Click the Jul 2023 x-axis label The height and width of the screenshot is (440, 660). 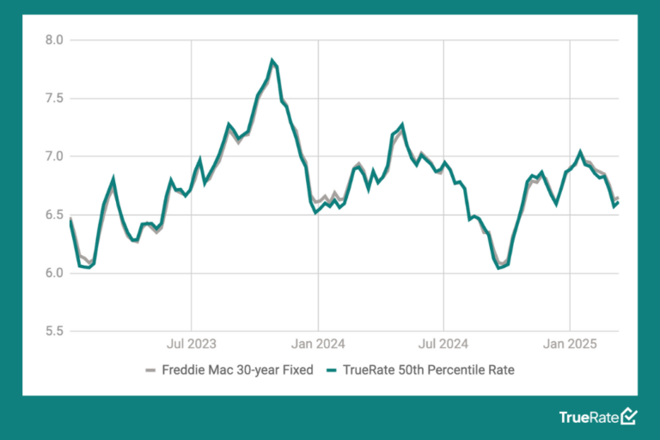coord(191,345)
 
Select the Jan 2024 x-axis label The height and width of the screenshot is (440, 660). coord(318,345)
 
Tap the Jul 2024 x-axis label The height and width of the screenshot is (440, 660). coord(443,345)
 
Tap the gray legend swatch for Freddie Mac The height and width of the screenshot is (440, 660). coord(150,371)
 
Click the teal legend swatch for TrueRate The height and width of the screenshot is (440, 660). coord(332,371)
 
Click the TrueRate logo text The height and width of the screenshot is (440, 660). coord(588,418)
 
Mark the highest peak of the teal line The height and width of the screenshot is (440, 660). coord(272,60)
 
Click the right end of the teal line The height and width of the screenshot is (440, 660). coord(618,202)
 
